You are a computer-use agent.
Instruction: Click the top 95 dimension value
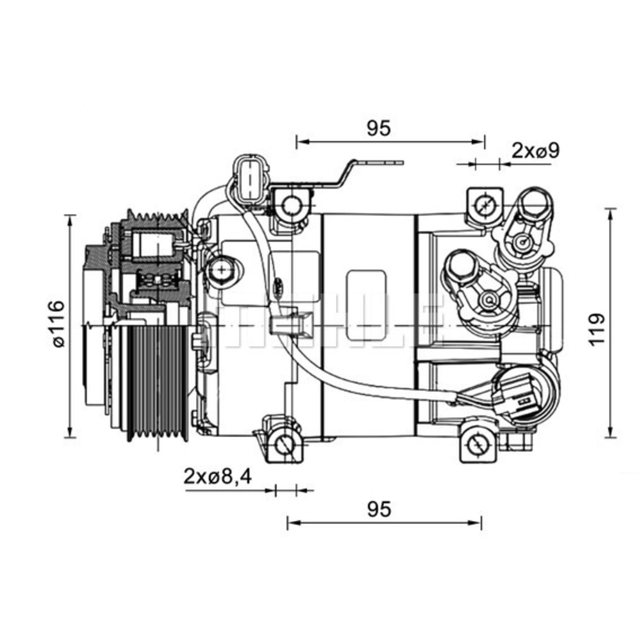point(378,128)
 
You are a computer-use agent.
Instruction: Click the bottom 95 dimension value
point(378,510)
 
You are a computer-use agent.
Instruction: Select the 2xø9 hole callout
point(536,151)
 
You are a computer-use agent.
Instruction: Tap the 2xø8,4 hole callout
point(217,476)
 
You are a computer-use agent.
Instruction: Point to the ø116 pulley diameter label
point(58,324)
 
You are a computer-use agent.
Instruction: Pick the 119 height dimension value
point(597,329)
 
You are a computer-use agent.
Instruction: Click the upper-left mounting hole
point(292,204)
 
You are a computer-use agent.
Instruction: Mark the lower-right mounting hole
point(476,444)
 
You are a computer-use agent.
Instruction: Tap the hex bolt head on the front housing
point(220,269)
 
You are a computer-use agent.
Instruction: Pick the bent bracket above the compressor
point(349,173)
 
